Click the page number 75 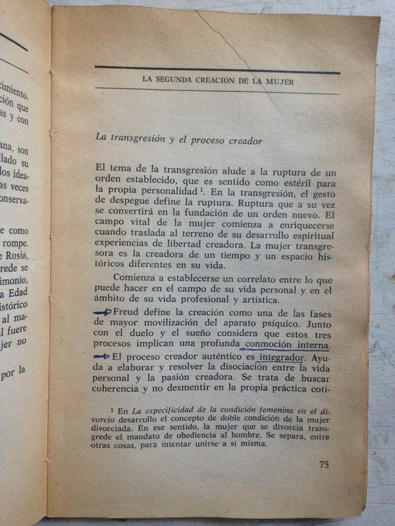[x=324, y=464]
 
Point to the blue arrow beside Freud [x=103, y=312]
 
